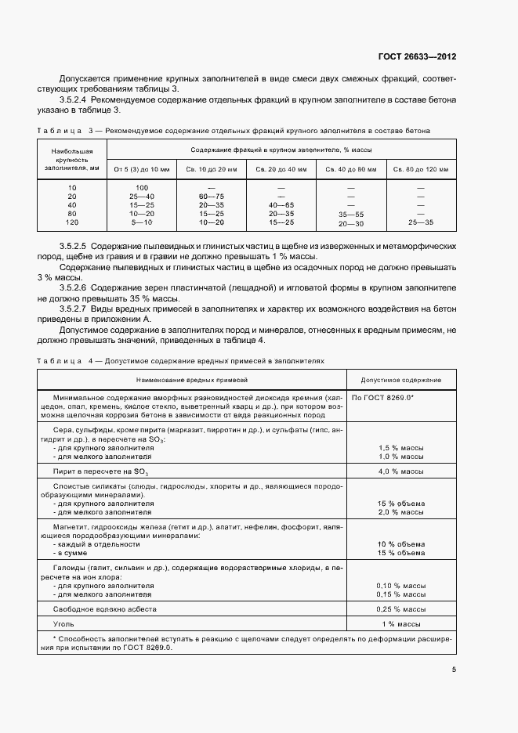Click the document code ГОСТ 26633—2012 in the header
[x=418, y=57]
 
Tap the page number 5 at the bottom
[x=454, y=670]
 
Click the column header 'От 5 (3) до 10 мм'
[x=140, y=168]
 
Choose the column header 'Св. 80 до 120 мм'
[x=421, y=168]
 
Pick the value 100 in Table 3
[x=142, y=188]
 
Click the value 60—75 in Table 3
[x=211, y=196]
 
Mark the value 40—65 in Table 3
[x=281, y=204]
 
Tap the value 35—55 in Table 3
[x=350, y=214]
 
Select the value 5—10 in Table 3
[x=142, y=222]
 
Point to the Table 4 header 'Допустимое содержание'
[x=400, y=380]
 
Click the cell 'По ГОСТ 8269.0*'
[x=383, y=398]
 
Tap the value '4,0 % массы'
[x=401, y=471]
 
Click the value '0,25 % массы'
[x=400, y=608]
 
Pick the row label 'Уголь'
[x=64, y=623]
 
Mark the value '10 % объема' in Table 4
[x=400, y=543]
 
